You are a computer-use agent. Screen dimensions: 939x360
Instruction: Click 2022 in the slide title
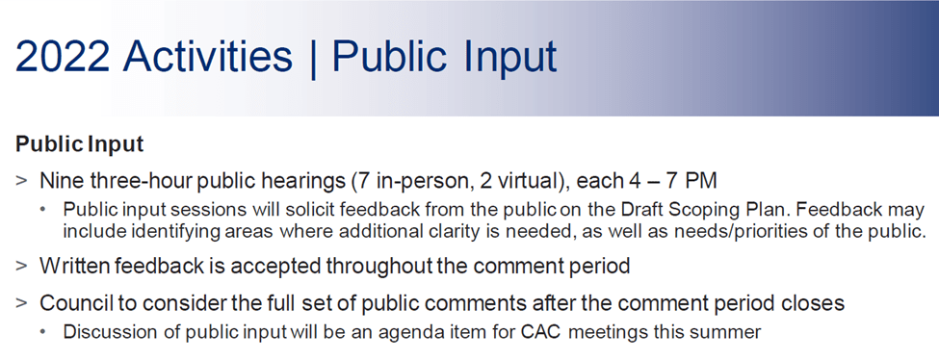pyautogui.click(x=63, y=56)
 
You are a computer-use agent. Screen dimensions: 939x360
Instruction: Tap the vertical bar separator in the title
pyautogui.click(x=313, y=58)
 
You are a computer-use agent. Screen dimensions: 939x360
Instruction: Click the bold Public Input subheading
pyautogui.click(x=80, y=144)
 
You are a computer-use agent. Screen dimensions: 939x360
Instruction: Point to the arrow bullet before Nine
pyautogui.click(x=21, y=180)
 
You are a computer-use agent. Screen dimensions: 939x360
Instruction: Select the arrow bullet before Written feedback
pyautogui.click(x=21, y=266)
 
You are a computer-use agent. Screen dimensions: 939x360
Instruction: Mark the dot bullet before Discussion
pyautogui.click(x=42, y=332)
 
